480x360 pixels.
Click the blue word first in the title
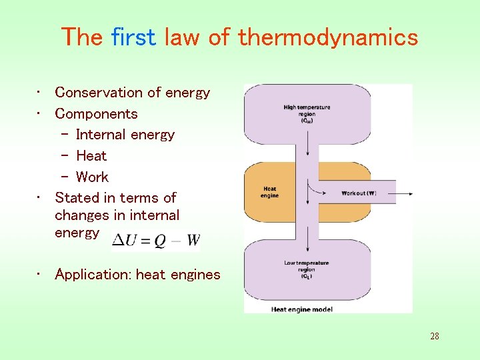[135, 37]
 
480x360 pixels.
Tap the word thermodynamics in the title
[328, 37]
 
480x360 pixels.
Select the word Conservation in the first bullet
[97, 93]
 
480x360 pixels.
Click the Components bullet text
[96, 114]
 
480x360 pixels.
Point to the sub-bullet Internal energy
[125, 135]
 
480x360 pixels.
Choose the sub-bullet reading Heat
[91, 156]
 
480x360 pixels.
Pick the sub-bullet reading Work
[92, 177]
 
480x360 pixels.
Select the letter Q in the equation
[161, 241]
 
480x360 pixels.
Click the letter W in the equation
[193, 240]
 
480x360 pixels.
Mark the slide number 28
[434, 336]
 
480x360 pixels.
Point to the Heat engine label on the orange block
[269, 193]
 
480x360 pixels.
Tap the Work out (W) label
[359, 193]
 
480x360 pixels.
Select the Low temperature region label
[307, 268]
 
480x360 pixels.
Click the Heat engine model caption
[302, 309]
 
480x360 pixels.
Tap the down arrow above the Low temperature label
[307, 237]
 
